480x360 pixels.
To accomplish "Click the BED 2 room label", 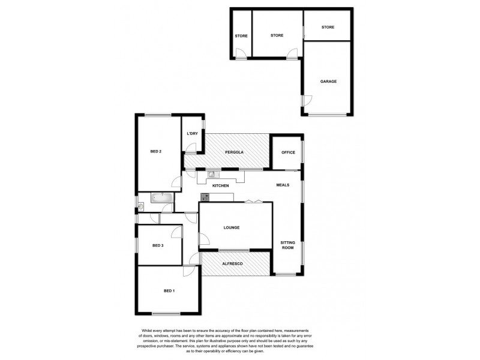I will pos(155,151).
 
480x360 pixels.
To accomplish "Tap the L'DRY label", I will pos(193,133).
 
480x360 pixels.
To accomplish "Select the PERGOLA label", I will pos(226,152).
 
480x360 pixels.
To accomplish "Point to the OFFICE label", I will pos(288,152).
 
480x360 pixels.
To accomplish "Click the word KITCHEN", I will pos(221,186).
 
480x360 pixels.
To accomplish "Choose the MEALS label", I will pos(283,185).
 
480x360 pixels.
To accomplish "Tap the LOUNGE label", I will pos(232,227).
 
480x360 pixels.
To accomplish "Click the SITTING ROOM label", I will pos(288,244).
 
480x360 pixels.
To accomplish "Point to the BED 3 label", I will pos(158,245).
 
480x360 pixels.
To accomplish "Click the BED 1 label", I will pos(169,291).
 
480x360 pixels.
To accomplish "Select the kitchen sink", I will pos(212,175).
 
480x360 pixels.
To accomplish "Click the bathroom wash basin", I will pos(140,208).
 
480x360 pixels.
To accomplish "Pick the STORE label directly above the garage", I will pos(328,28).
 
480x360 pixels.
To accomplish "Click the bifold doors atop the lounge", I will pos(253,201).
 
